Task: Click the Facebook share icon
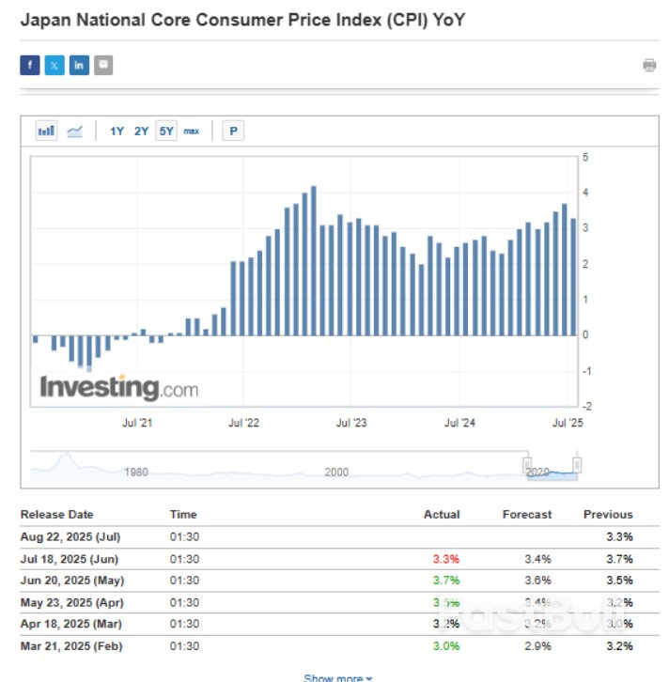click(30, 65)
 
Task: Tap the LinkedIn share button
click(79, 65)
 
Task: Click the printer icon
click(649, 65)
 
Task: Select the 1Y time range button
click(117, 132)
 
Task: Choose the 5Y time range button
click(166, 132)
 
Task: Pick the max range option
click(192, 132)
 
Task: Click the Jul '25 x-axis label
click(567, 424)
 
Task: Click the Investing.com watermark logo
click(118, 387)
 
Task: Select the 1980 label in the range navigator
click(136, 472)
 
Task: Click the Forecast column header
click(527, 515)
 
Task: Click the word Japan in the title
click(44, 19)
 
